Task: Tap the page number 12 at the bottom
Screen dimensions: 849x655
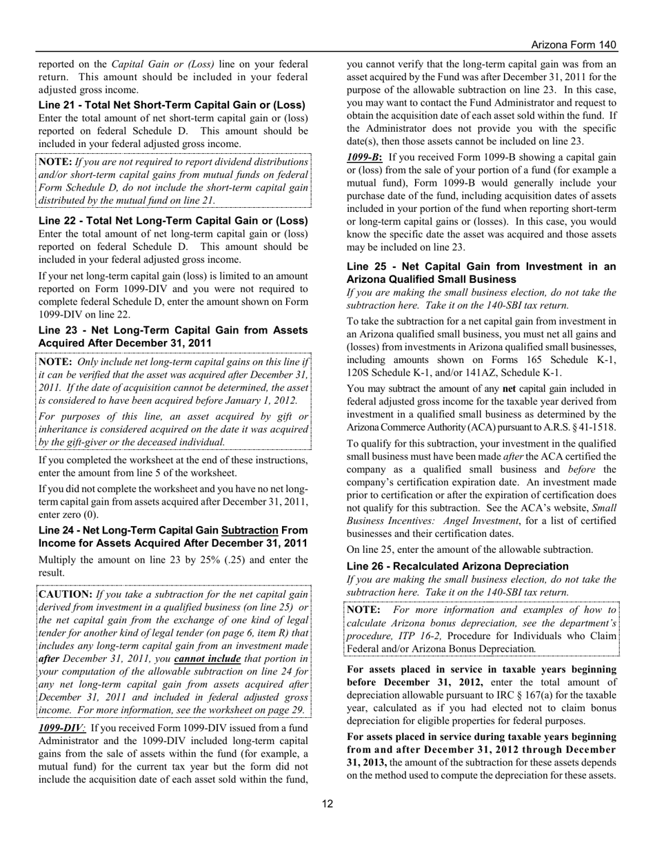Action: pyautogui.click(x=327, y=803)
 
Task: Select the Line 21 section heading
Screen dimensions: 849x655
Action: pyautogui.click(x=172, y=105)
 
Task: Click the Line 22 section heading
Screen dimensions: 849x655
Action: pyautogui.click(x=173, y=221)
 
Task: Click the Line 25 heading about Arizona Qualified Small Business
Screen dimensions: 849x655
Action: pyautogui.click(x=481, y=273)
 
